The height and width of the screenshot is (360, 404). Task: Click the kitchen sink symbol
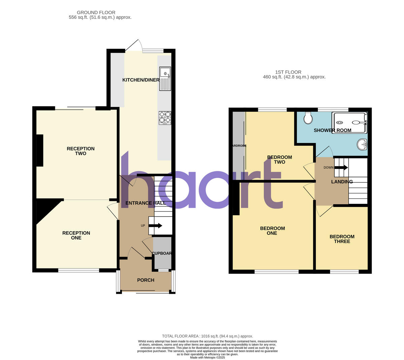pyautogui.click(x=165, y=79)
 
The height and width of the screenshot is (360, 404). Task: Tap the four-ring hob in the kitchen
pyautogui.click(x=165, y=118)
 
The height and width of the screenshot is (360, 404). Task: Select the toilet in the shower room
pyautogui.click(x=307, y=118)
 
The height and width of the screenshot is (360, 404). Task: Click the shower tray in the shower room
pyautogui.click(x=349, y=123)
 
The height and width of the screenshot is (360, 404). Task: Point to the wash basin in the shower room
pyautogui.click(x=363, y=145)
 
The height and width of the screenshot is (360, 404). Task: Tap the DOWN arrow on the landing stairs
pyautogui.click(x=341, y=168)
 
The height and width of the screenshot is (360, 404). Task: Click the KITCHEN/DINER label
pyautogui.click(x=141, y=80)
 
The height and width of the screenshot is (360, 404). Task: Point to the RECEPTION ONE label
pyautogui.click(x=76, y=236)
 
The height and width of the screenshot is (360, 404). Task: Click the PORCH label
pyautogui.click(x=146, y=280)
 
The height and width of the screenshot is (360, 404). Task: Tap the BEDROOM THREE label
pyautogui.click(x=342, y=239)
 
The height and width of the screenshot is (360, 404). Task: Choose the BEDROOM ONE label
pyautogui.click(x=272, y=231)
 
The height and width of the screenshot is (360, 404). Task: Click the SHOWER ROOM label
pyautogui.click(x=332, y=131)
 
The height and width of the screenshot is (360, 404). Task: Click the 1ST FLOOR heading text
pyautogui.click(x=288, y=72)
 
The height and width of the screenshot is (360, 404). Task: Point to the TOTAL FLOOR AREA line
pyautogui.click(x=207, y=336)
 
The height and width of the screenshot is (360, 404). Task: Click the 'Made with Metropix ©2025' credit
pyautogui.click(x=207, y=358)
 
